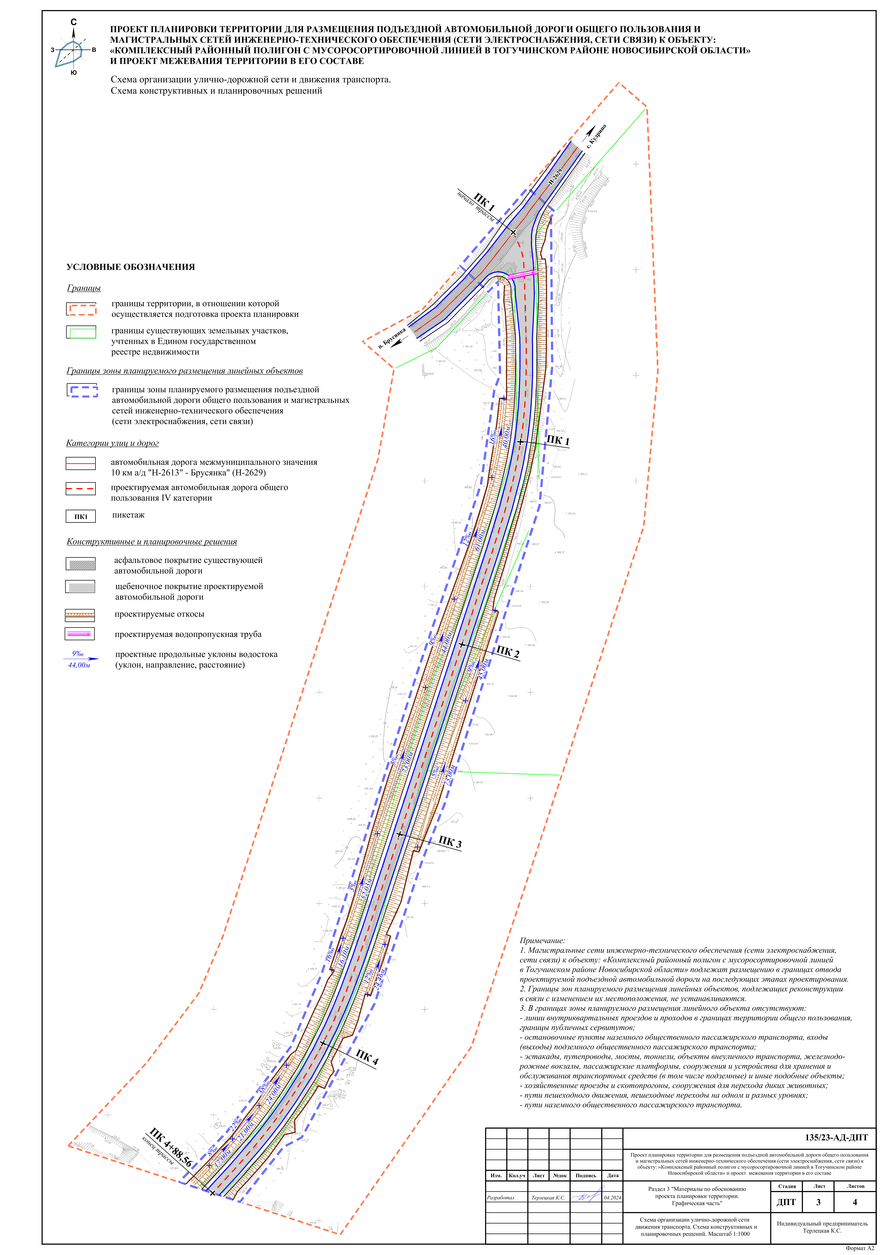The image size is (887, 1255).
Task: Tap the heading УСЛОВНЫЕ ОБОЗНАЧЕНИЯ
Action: coord(131,267)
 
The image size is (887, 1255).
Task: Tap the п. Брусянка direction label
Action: coord(392,338)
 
